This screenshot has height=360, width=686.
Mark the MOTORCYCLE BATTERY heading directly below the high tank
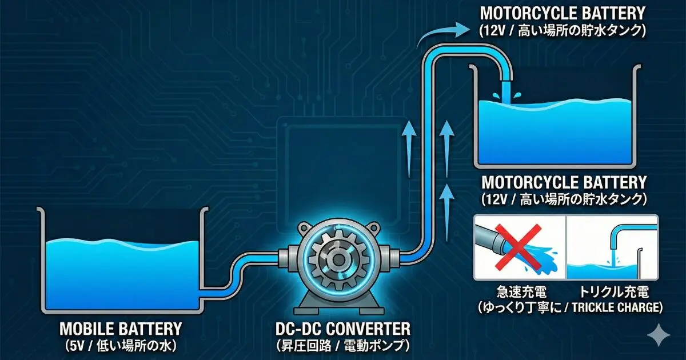tap(564, 183)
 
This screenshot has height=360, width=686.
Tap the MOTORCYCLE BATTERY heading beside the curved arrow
tap(563, 13)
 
